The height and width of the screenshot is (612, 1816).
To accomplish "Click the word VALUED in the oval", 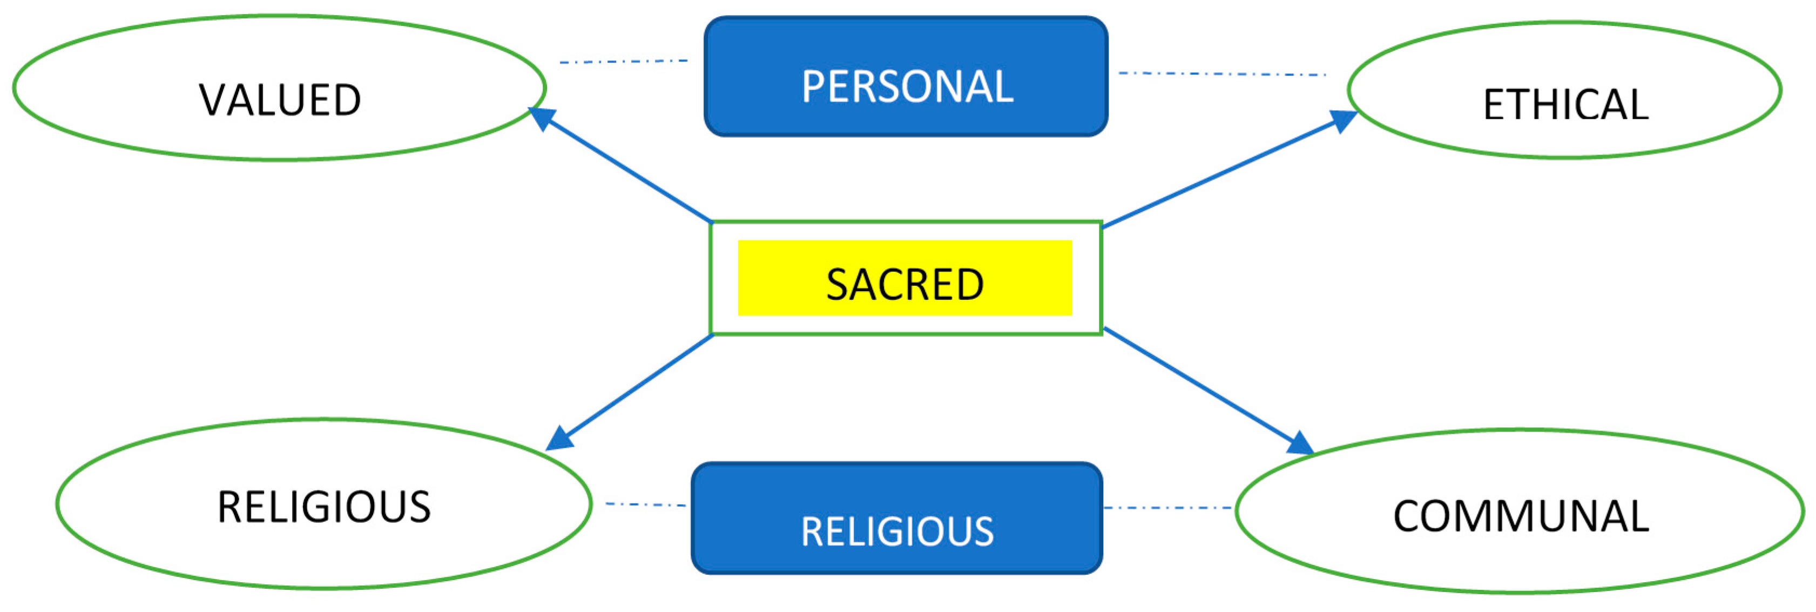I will pyautogui.click(x=280, y=100).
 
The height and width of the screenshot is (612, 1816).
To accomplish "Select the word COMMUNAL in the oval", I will pyautogui.click(x=1521, y=516).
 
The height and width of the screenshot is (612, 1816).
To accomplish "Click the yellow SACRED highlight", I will pyautogui.click(x=904, y=278).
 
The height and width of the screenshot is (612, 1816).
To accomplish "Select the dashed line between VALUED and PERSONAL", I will pyautogui.click(x=624, y=62).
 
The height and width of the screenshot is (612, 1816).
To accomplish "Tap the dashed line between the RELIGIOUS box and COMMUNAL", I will pyautogui.click(x=1168, y=508).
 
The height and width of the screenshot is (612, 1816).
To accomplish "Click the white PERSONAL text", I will pyautogui.click(x=907, y=87).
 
